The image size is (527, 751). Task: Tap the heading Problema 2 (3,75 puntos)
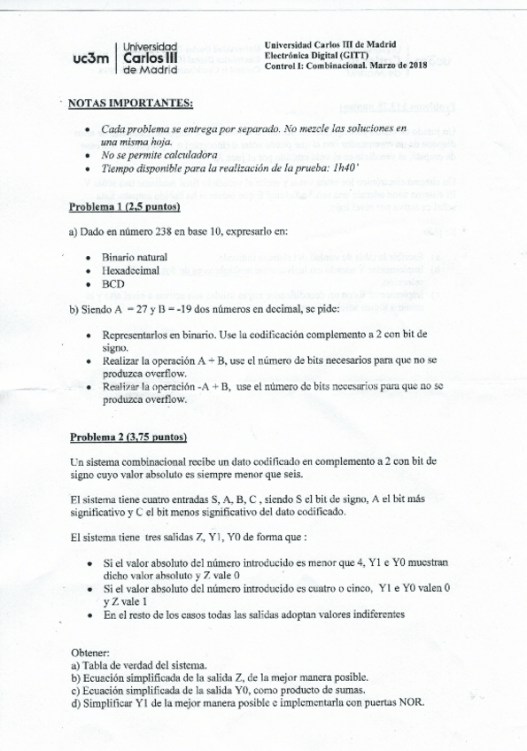[x=128, y=437]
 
